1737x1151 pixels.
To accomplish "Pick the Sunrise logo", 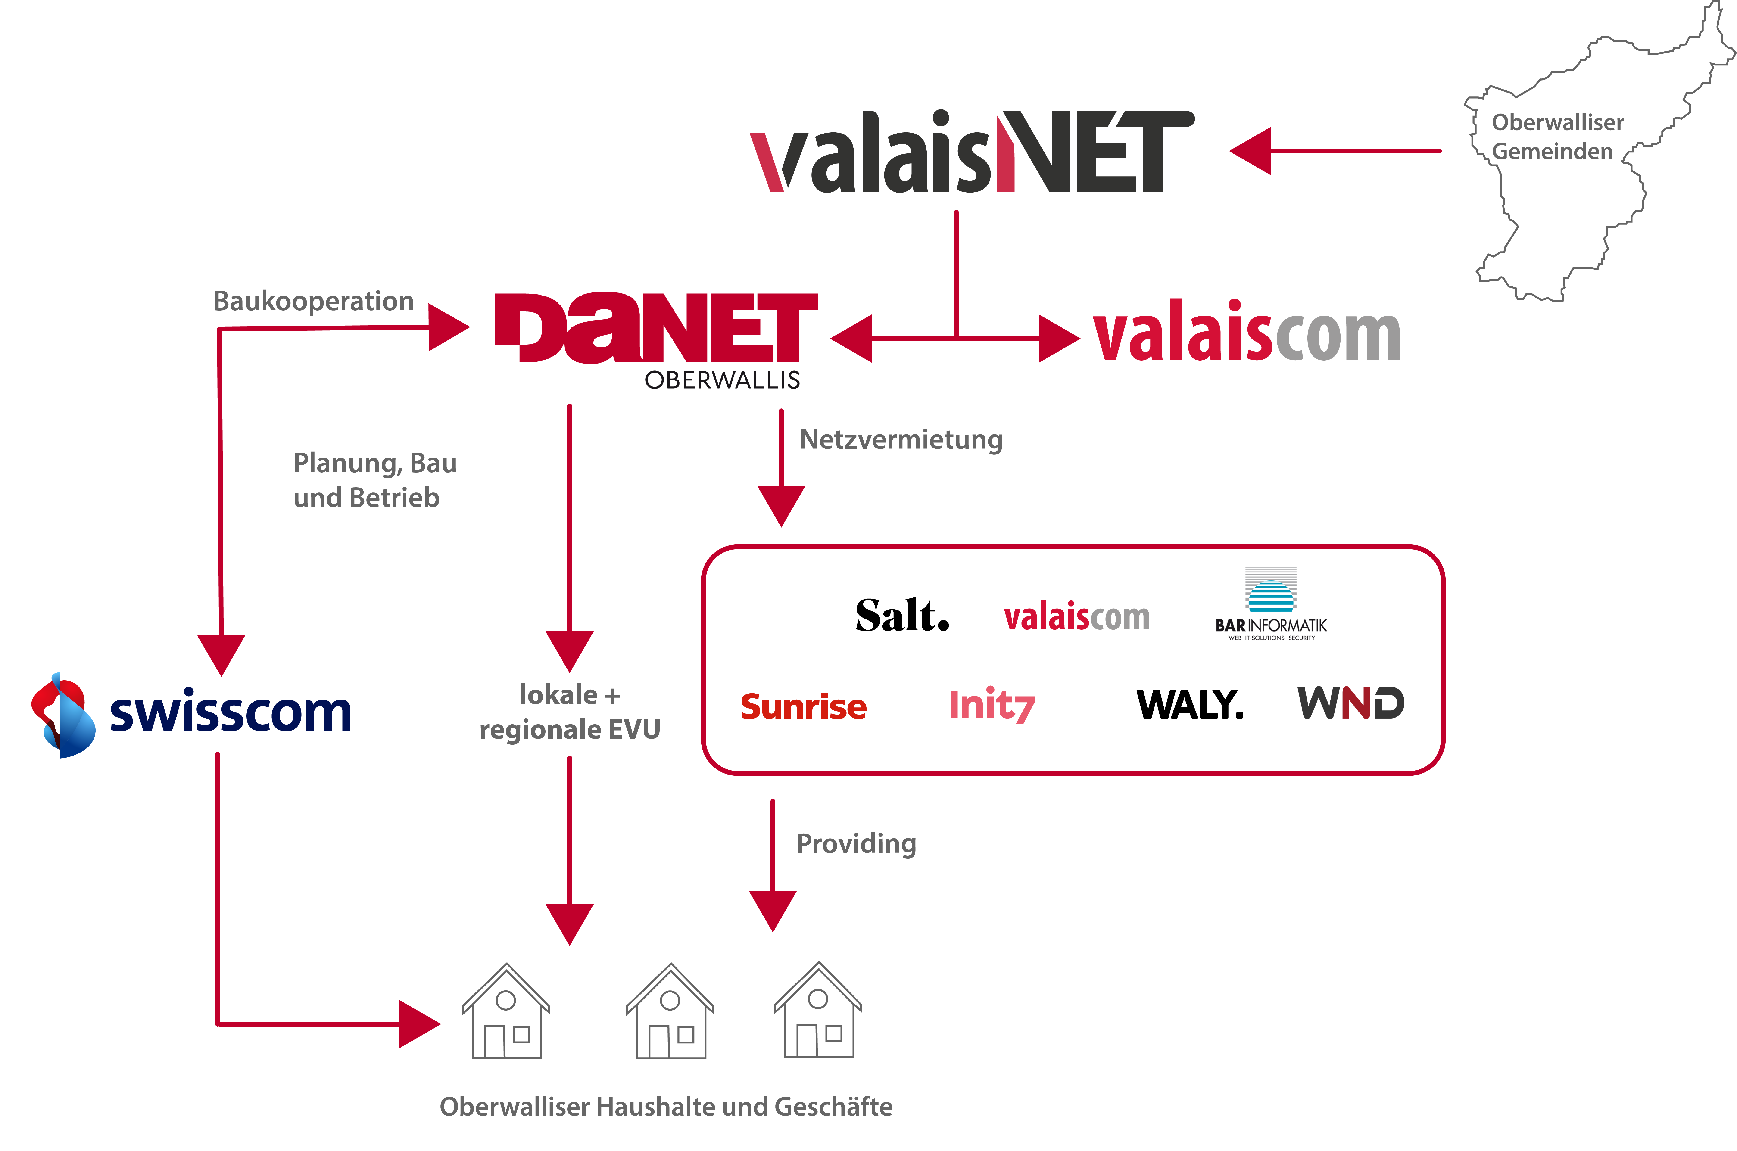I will coord(803,706).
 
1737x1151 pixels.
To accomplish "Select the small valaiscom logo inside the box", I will coord(1076,617).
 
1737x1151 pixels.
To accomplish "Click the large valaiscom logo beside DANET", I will coord(1247,334).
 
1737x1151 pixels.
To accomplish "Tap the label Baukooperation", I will coord(313,301).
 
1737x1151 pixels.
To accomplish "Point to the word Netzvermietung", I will coord(901,440).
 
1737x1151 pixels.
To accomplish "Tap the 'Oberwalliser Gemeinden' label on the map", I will coord(1557,137).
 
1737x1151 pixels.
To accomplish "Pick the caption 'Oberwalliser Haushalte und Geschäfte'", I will coord(666,1106).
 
